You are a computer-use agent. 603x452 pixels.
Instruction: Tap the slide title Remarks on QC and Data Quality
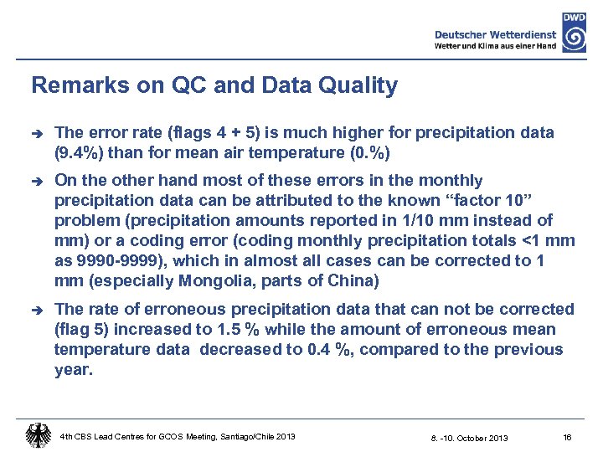214,85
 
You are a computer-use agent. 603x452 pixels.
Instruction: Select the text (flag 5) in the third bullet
83,330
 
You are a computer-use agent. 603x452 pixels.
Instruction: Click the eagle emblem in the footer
37,435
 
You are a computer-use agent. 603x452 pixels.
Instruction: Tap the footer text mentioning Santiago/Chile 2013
178,436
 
